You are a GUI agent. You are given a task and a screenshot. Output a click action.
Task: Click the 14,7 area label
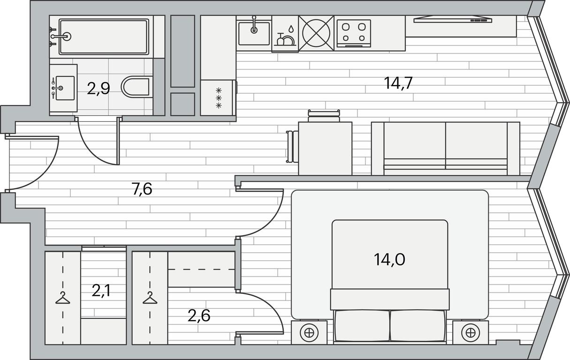pyautogui.click(x=398, y=83)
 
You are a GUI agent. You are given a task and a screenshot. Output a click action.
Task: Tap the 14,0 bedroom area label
pyautogui.click(x=389, y=260)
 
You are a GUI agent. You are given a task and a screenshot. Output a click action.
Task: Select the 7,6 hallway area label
pyautogui.click(x=142, y=189)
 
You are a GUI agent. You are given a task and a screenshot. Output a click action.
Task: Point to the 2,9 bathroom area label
pyautogui.click(x=98, y=89)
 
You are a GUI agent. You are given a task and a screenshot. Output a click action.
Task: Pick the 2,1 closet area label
pyautogui.click(x=101, y=291)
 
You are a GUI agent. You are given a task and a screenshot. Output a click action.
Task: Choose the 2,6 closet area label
pyautogui.click(x=199, y=316)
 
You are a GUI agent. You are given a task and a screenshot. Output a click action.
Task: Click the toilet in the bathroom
pyautogui.click(x=135, y=87)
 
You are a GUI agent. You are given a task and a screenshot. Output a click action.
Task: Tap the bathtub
pyautogui.click(x=104, y=37)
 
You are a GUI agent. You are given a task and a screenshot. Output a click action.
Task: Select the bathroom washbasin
pyautogui.click(x=64, y=88)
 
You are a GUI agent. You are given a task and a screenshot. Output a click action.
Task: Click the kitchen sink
pyautogui.click(x=254, y=33)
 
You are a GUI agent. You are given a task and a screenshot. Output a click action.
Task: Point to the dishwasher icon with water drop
pyautogui.click(x=285, y=34)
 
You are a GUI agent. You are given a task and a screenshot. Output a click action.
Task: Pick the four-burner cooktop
pyautogui.click(x=354, y=34)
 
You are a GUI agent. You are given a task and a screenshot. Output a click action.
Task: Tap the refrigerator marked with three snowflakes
pyautogui.click(x=219, y=98)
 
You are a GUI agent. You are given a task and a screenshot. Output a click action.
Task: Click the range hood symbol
pyautogui.click(x=453, y=19)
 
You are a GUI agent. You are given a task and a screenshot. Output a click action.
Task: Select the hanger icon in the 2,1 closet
pyautogui.click(x=62, y=298)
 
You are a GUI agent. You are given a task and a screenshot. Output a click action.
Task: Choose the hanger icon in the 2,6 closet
pyautogui.click(x=150, y=298)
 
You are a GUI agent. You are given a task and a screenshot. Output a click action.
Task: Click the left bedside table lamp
pyautogui.click(x=309, y=332)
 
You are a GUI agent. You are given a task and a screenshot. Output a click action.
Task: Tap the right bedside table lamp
pyautogui.click(x=471, y=332)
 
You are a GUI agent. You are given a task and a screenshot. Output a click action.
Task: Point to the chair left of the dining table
pyautogui.click(x=292, y=146)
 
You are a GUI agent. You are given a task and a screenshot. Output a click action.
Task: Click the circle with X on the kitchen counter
pyautogui.click(x=316, y=33)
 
